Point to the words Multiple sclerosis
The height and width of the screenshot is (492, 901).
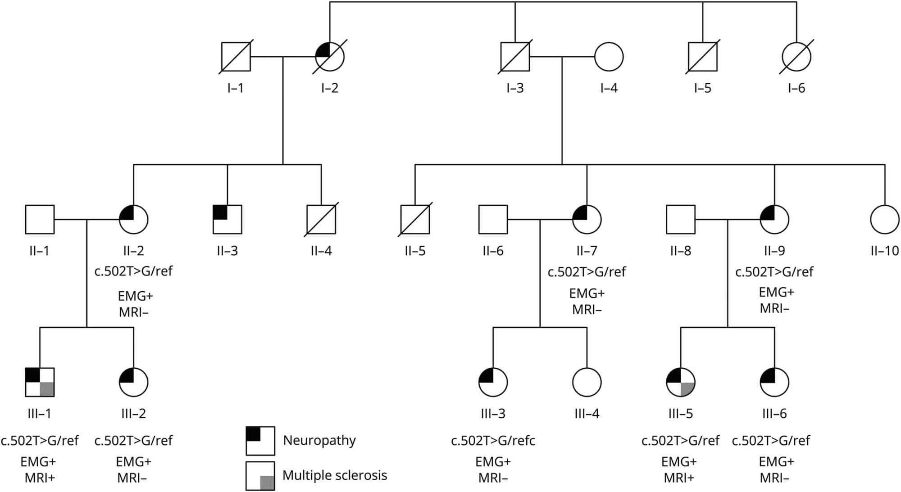coord(335,475)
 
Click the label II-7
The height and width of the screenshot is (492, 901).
coord(587,251)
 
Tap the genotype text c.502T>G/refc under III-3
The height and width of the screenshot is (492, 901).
coord(493,441)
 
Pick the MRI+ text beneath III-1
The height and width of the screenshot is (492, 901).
coord(40,478)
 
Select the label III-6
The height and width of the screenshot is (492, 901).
coord(774,413)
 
